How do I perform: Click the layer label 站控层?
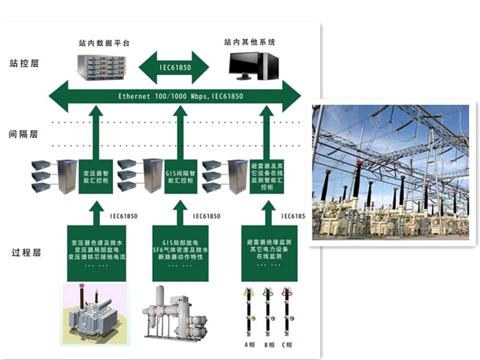pos(24,64)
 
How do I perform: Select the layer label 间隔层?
pos(23,135)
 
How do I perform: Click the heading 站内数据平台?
pos(104,43)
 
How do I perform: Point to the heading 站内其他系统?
pos(249,43)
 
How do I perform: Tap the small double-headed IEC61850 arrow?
pos(174,67)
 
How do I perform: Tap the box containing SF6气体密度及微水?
pos(180,253)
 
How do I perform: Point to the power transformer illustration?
pos(94,314)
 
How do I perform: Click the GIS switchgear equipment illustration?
pos(177,314)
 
